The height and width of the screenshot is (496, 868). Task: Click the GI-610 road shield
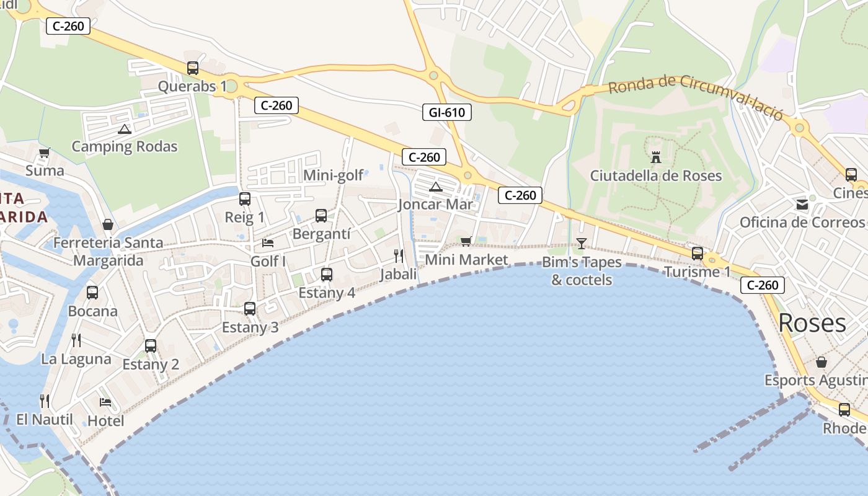click(446, 112)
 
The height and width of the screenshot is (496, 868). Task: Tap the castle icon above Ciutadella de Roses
click(656, 157)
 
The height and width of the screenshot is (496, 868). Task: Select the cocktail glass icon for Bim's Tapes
click(581, 243)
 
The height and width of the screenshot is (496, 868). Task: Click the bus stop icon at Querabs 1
click(193, 68)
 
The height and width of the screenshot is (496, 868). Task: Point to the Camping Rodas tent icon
click(125, 129)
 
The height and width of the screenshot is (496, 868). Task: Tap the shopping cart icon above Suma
click(44, 153)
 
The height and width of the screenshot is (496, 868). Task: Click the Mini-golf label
click(333, 175)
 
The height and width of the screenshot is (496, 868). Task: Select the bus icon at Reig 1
click(245, 199)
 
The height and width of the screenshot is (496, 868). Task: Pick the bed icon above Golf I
click(268, 242)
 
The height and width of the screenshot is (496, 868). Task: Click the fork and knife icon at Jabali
click(399, 255)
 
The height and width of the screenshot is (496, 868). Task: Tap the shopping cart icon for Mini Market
click(466, 241)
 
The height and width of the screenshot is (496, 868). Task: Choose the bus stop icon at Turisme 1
click(697, 253)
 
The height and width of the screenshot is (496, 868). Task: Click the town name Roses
click(812, 323)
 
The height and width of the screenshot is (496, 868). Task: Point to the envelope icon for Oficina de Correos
click(802, 205)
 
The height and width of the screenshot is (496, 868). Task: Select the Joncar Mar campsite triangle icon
click(436, 187)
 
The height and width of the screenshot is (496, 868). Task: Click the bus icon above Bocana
click(92, 292)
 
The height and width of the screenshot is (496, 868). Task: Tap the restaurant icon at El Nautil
click(44, 401)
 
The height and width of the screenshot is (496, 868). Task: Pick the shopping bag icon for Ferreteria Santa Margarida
click(108, 224)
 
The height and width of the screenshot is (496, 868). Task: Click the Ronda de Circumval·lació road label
click(696, 97)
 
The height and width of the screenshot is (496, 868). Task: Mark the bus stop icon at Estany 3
click(250, 308)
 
